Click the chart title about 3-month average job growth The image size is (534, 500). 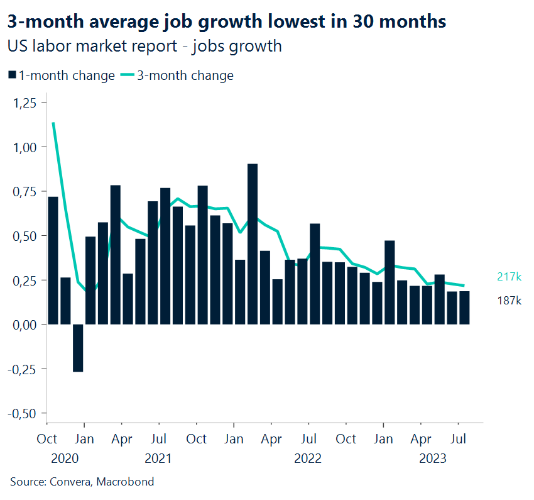click(x=227, y=22)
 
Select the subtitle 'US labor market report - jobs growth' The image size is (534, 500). click(x=144, y=47)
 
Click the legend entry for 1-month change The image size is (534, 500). click(x=62, y=75)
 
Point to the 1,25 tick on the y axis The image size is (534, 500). click(x=25, y=103)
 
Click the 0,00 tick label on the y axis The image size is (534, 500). click(x=25, y=325)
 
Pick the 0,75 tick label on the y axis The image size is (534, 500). click(x=25, y=191)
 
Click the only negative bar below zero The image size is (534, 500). click(x=78, y=348)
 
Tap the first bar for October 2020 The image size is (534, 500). click(x=53, y=260)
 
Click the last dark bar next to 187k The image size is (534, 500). click(x=464, y=308)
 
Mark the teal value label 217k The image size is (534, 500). click(x=509, y=277)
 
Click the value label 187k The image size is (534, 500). click(x=509, y=301)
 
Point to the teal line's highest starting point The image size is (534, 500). click(x=53, y=123)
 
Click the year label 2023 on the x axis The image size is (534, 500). click(x=433, y=458)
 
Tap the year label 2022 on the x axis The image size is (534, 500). click(x=308, y=458)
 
